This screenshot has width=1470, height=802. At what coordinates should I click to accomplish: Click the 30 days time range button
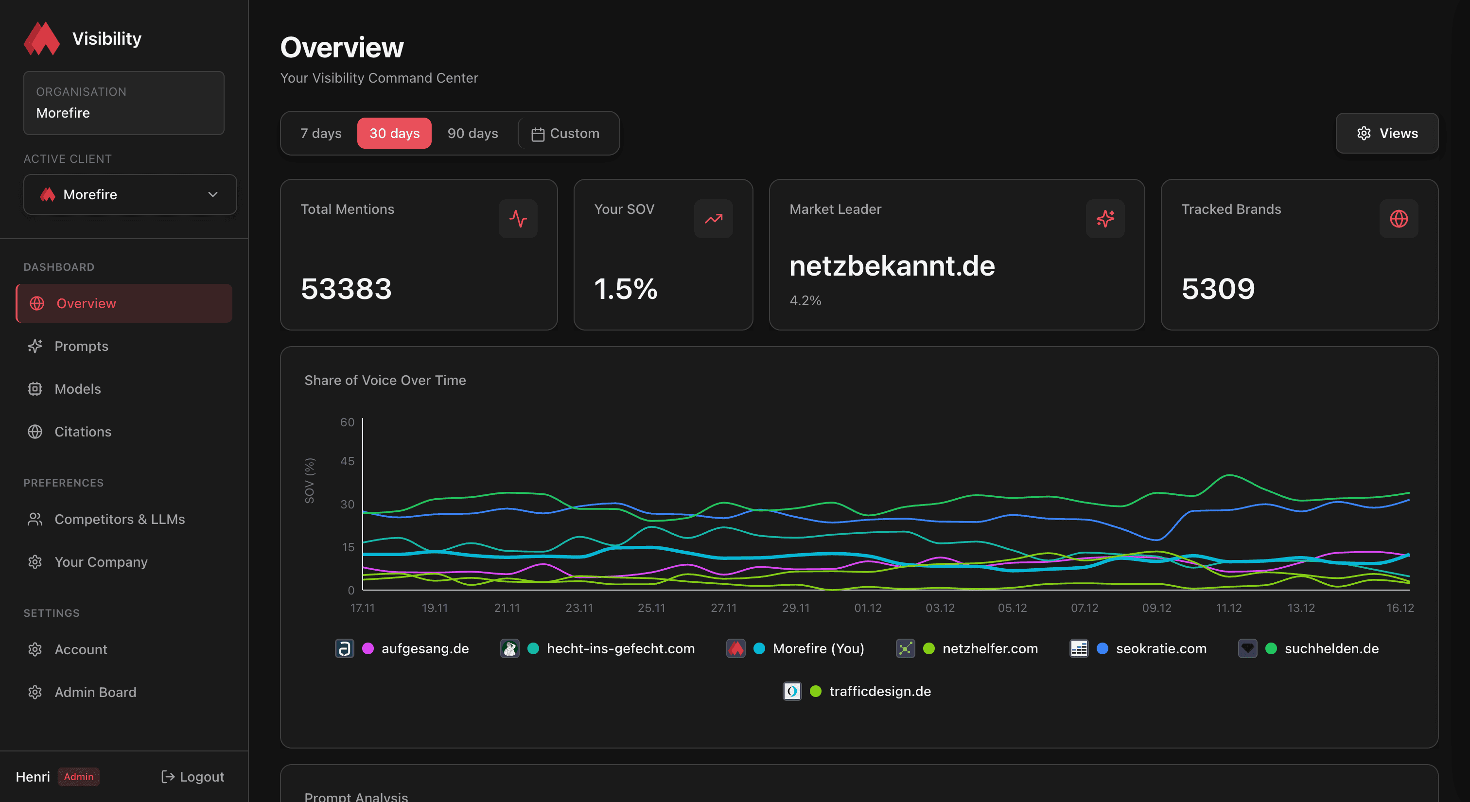(x=394, y=133)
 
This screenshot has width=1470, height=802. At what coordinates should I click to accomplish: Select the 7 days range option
(x=321, y=133)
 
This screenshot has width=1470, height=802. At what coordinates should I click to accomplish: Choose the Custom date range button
(x=565, y=133)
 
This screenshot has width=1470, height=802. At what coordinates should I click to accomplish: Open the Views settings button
(x=1387, y=133)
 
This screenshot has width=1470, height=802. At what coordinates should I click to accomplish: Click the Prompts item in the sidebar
(x=81, y=346)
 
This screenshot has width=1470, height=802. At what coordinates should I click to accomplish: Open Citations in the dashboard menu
(x=83, y=432)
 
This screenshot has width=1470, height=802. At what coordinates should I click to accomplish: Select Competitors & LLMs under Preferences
(x=119, y=519)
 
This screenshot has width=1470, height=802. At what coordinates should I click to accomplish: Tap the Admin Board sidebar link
(x=95, y=692)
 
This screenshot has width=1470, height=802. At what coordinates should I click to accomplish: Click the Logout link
(x=193, y=777)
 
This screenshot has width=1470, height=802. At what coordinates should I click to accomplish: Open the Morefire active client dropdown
(x=130, y=194)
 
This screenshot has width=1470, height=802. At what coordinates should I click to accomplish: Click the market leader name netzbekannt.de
(x=892, y=266)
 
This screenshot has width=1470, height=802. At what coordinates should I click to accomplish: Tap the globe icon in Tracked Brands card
(x=1398, y=218)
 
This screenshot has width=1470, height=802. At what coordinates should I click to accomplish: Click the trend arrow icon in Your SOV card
(x=713, y=218)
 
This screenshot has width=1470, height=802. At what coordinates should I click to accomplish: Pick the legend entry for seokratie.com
(x=1161, y=648)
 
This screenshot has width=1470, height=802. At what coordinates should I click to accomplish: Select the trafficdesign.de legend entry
(x=879, y=691)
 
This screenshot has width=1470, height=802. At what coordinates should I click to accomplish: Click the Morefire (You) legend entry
(x=818, y=648)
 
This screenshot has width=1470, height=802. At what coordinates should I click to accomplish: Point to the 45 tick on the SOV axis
(x=347, y=461)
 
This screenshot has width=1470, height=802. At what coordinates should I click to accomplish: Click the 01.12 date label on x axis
(x=867, y=608)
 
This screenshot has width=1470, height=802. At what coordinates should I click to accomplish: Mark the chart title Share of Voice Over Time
(x=385, y=381)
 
